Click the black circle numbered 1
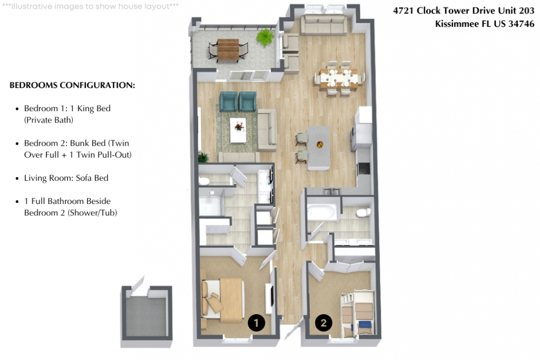tap(256, 323)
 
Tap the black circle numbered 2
tap(323, 323)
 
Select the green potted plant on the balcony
tap(266, 37)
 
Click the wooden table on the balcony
tap(228, 50)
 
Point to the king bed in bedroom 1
tap(223, 301)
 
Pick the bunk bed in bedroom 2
tap(358, 314)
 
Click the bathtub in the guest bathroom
tap(322, 212)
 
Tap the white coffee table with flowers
tap(238, 130)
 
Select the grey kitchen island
tap(319, 147)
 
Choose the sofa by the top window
tap(323, 24)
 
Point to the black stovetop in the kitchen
tap(363, 168)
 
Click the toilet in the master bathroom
tap(204, 181)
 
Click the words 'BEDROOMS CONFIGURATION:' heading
tap(72, 85)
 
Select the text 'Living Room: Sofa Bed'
tap(66, 178)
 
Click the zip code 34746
tap(522, 24)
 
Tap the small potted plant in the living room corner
tap(204, 157)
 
